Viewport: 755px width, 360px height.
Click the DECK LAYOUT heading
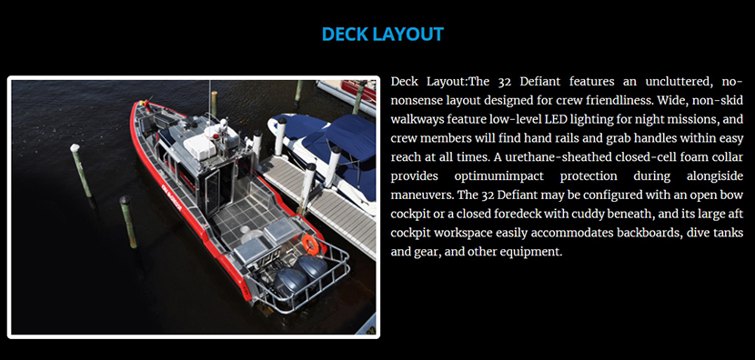click(382, 35)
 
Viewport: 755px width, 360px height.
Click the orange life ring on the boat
click(310, 245)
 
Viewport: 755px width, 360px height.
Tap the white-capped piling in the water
click(81, 170)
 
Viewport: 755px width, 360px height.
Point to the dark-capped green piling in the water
click(128, 222)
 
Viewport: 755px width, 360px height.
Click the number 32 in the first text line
click(505, 82)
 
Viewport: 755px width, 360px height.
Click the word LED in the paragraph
click(554, 119)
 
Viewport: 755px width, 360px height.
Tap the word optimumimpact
click(498, 176)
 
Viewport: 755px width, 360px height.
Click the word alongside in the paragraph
click(715, 176)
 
